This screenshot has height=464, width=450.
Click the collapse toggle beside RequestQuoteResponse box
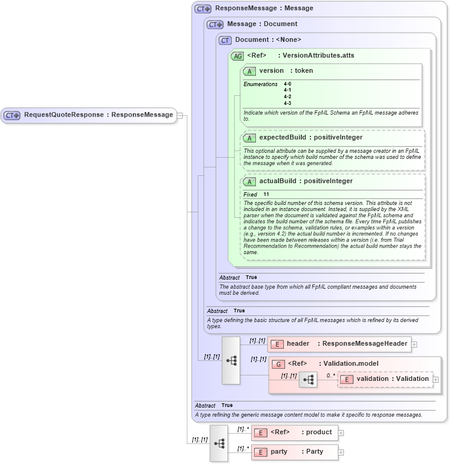pyautogui.click(x=180, y=115)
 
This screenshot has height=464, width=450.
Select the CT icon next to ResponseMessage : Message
pyautogui.click(x=203, y=9)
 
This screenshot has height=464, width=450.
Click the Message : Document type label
pyautogui.click(x=262, y=24)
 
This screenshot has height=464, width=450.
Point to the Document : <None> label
pyautogui.click(x=268, y=40)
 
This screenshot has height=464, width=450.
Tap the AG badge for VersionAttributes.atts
pyautogui.click(x=237, y=56)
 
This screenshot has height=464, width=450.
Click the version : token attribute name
pyautogui.click(x=286, y=71)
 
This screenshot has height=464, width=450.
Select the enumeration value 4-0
pyautogui.click(x=287, y=84)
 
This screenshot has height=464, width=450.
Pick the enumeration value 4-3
pyautogui.click(x=287, y=103)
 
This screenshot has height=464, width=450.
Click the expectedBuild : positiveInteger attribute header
pyautogui.click(x=311, y=138)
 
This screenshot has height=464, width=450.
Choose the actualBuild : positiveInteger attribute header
pyautogui.click(x=306, y=181)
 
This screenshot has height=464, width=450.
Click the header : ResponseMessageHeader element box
pyautogui.click(x=339, y=344)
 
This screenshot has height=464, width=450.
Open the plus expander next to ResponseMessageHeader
pyautogui.click(x=414, y=345)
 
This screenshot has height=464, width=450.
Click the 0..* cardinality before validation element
pyautogui.click(x=331, y=375)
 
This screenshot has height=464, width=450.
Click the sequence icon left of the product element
pyautogui.click(x=219, y=443)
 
